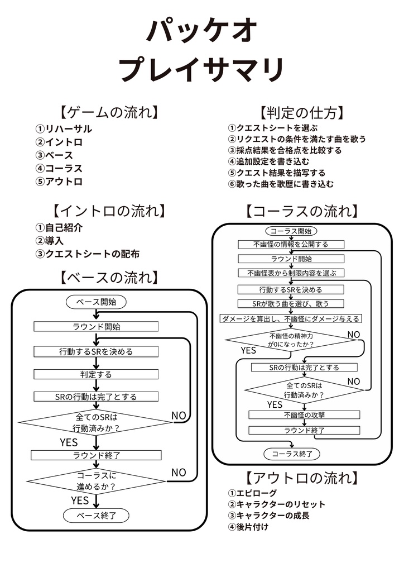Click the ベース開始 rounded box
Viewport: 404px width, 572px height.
pos(96,302)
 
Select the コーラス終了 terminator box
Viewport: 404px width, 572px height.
pos(291,454)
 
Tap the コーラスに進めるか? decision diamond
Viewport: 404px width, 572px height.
pos(96,481)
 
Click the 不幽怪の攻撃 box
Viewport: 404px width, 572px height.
pos(304,415)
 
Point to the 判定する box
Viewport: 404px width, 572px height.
pos(96,374)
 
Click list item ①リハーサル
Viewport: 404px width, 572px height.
pos(64,129)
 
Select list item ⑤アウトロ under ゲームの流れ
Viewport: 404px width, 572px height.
pos(59,182)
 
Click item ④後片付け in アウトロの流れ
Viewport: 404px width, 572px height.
pos(248,526)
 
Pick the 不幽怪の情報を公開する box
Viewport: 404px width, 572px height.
pos(291,244)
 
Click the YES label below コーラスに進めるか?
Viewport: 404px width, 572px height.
pos(80,500)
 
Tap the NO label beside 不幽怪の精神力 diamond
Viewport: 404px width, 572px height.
pos(354,334)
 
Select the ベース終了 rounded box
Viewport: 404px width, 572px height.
pos(96,516)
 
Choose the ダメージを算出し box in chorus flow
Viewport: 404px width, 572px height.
pos(291,318)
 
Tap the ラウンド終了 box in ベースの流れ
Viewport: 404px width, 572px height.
pos(96,455)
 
